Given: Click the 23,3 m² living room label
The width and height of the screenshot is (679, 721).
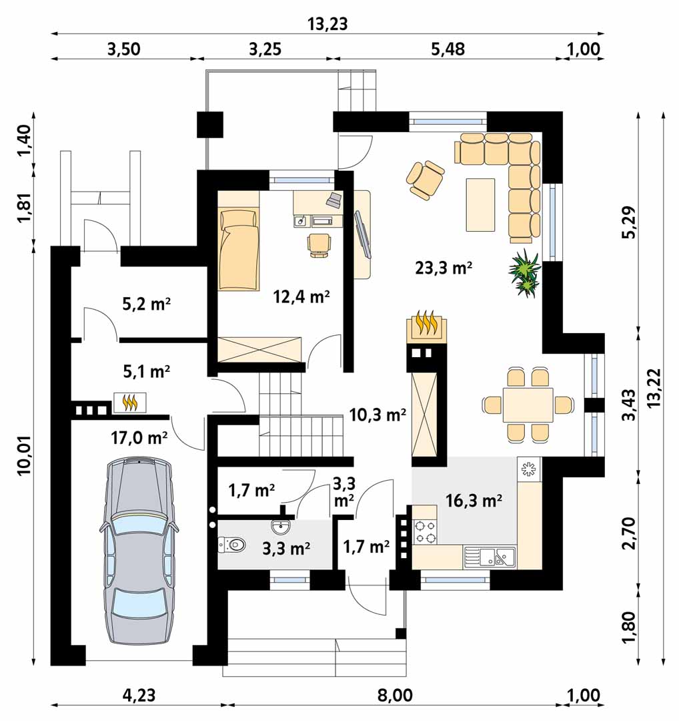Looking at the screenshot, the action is coord(444,267).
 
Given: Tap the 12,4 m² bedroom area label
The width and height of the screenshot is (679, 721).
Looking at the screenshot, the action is coord(301,296).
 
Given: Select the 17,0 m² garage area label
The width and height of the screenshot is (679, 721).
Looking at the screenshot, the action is coord(139,438).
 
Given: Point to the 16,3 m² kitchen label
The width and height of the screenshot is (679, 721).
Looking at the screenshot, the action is coord(474,500).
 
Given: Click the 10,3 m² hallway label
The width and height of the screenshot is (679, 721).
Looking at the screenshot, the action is coord(378,415).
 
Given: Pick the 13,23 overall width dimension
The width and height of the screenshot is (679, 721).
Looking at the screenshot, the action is coord(327,24).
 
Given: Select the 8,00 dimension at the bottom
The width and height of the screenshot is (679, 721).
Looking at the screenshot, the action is coord(395,695).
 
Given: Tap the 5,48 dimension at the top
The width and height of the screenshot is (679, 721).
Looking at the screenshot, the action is coord(448,49).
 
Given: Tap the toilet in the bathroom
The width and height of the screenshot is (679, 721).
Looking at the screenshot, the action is coord(232,545).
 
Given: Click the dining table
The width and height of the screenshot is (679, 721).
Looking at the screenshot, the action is coord(528,405).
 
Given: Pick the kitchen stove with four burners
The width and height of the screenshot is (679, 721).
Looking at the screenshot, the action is coord(425,531).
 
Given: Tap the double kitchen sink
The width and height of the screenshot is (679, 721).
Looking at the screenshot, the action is coord(490,556).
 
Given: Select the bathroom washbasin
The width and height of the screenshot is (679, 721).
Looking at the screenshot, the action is coord(280,527).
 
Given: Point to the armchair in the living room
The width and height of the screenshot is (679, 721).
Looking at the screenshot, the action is coord(426,180).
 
